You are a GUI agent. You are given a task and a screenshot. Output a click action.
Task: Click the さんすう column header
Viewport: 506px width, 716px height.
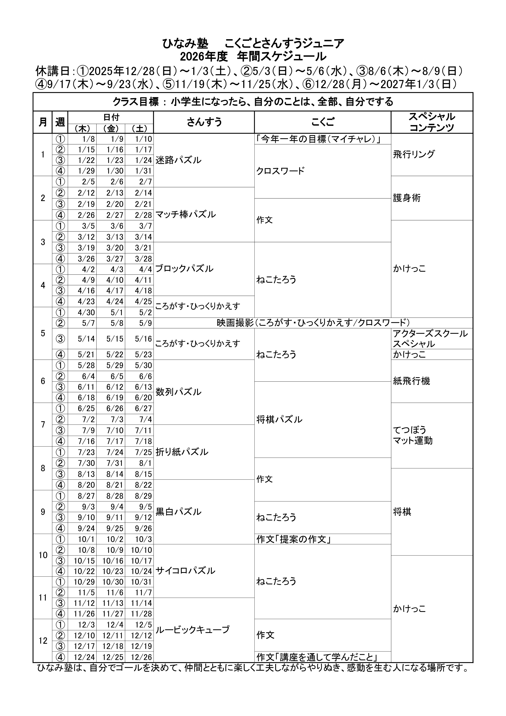204,122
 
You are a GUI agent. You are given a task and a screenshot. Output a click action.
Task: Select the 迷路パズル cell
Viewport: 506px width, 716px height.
178,160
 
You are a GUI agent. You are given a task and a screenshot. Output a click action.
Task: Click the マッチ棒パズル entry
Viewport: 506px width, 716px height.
185,215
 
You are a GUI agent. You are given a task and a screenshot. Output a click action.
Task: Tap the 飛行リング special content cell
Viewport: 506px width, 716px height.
414,154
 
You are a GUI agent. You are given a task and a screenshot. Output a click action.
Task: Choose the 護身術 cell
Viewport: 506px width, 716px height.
407,198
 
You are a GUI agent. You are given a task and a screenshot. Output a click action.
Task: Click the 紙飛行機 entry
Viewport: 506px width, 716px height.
412,381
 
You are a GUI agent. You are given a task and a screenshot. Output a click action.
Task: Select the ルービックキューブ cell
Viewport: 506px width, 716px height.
192,630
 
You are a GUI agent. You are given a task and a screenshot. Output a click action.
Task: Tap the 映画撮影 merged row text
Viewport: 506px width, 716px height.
313,323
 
